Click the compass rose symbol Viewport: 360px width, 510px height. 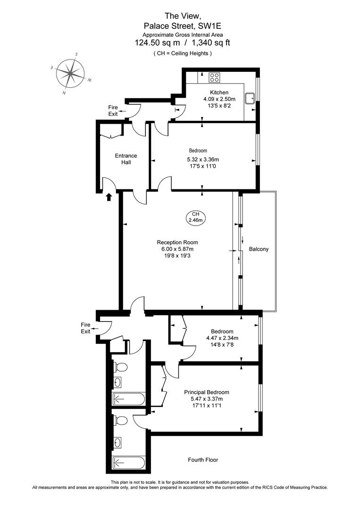70,74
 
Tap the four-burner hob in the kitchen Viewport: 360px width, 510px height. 214,77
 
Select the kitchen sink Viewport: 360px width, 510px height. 251,98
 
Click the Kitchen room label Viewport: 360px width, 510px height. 219,93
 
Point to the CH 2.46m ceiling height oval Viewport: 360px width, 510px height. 196,217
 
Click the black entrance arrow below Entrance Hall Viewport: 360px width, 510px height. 109,196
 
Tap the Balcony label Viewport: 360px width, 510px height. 259,249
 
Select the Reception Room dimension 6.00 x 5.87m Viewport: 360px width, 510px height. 177,249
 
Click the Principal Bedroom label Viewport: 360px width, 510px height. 207,392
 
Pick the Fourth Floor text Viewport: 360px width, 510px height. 203,459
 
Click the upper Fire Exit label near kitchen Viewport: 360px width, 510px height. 113,110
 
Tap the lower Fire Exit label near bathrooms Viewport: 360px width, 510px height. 85,328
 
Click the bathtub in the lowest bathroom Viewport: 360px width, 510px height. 128,462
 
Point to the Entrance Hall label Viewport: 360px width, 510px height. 126,159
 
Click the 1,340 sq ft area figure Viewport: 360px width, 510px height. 211,42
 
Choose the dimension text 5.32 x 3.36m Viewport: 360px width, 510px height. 203,160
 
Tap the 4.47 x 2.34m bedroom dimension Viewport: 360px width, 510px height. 222,338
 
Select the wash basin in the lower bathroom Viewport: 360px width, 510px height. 117,442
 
